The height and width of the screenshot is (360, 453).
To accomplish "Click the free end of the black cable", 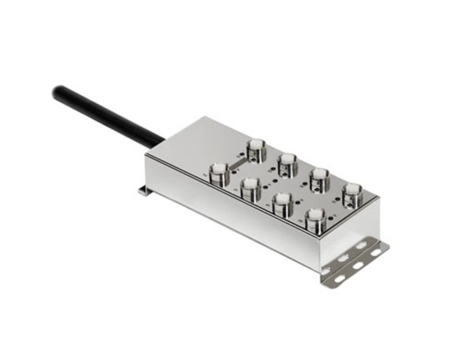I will click(x=58, y=92).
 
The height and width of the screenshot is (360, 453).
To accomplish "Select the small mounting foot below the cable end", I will click(x=144, y=190).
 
